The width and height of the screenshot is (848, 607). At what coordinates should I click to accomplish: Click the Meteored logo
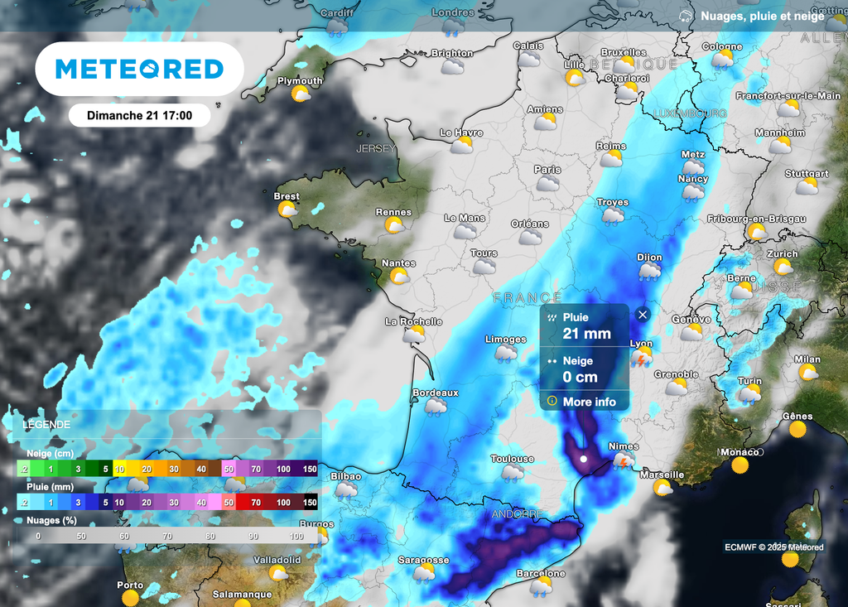pyautogui.click(x=139, y=69)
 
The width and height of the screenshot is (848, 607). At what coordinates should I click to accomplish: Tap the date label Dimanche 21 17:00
pyautogui.click(x=139, y=115)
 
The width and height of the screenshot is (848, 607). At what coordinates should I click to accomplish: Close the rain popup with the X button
pyautogui.click(x=643, y=315)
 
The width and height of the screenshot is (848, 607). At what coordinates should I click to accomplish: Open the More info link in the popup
pyautogui.click(x=589, y=402)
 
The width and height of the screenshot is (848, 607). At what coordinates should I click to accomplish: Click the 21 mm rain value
pyautogui.click(x=586, y=334)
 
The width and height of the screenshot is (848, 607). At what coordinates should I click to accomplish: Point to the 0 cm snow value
pyautogui.click(x=580, y=377)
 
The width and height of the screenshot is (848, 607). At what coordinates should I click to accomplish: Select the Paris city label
pyautogui.click(x=547, y=170)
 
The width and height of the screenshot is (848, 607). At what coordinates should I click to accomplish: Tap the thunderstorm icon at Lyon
pyautogui.click(x=641, y=358)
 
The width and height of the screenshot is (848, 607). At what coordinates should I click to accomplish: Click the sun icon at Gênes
pyautogui.click(x=797, y=429)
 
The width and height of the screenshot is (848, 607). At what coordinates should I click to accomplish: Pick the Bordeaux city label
pyautogui.click(x=436, y=393)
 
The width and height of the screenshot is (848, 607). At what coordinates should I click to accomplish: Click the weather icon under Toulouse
pyautogui.click(x=512, y=473)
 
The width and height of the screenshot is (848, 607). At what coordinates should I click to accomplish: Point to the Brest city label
pyautogui.click(x=287, y=196)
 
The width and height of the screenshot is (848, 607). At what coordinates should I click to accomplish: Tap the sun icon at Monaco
pyautogui.click(x=740, y=465)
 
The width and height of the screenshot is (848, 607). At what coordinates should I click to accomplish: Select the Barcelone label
pyautogui.click(x=540, y=573)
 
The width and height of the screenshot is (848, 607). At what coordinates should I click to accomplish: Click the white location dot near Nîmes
pyautogui.click(x=584, y=458)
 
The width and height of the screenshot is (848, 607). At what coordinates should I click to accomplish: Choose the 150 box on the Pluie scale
pyautogui.click(x=310, y=502)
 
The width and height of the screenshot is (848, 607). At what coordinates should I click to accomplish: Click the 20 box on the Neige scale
pyautogui.click(x=146, y=470)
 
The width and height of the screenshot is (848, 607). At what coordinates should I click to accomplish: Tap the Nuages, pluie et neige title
pyautogui.click(x=762, y=16)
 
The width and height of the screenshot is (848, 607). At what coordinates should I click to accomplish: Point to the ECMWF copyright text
pyautogui.click(x=773, y=547)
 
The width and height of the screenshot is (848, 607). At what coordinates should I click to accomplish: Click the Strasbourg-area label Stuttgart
pyautogui.click(x=806, y=174)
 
